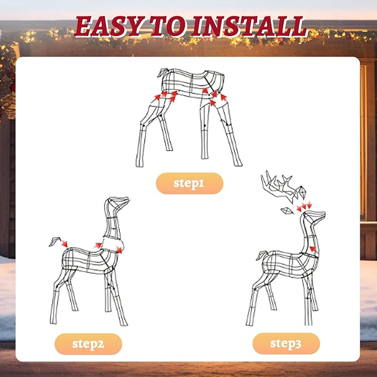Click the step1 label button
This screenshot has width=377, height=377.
coord(189,183)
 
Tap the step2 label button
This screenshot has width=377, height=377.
coord(88,344)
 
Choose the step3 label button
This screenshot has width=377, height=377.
coord(286,344)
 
